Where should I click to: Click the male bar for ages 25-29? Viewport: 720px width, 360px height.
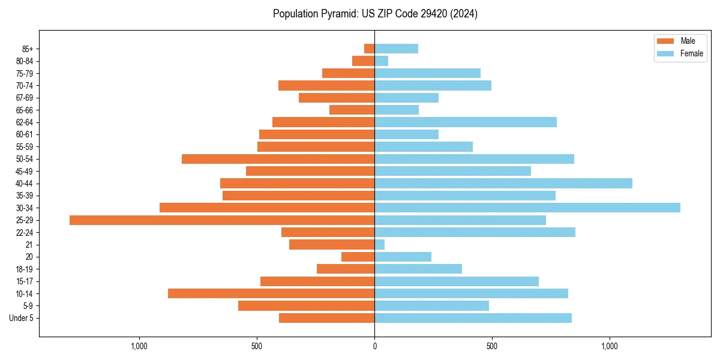tap(222, 220)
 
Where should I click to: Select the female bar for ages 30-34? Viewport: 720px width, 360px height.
tap(527, 208)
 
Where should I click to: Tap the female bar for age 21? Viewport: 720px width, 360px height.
tap(380, 245)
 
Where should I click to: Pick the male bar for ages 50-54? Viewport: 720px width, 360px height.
tap(278, 159)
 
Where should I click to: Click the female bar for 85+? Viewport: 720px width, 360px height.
tap(396, 49)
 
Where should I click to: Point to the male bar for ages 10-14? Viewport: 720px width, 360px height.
tap(271, 293)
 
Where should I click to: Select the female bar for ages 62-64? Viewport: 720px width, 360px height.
tap(466, 122)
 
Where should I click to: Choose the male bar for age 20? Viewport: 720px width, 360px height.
tap(358, 257)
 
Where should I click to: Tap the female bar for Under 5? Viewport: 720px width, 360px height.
tap(473, 318)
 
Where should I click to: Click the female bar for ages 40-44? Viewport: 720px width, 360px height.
tap(503, 184)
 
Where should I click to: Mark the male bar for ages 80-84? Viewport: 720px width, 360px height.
tap(364, 61)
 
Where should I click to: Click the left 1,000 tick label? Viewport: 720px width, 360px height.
tap(139, 346)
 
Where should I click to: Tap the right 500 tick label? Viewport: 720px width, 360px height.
tap(492, 346)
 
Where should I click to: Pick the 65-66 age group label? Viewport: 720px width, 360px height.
tap(24, 110)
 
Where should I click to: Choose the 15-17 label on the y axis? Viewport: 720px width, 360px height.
tap(24, 281)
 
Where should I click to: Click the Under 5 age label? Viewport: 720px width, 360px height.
tap(21, 318)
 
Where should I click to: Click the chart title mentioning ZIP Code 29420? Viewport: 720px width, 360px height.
tap(375, 14)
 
